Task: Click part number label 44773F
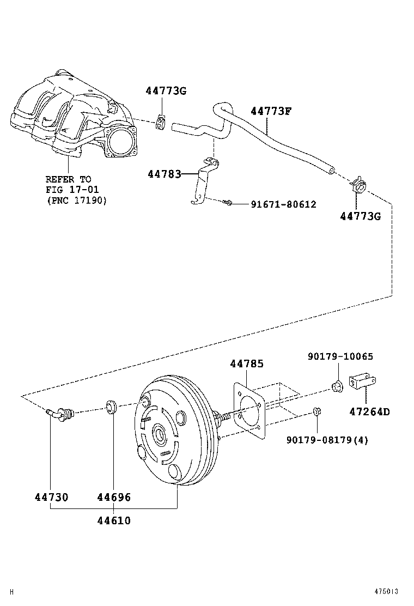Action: pyautogui.click(x=271, y=111)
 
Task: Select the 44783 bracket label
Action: pyautogui.click(x=164, y=174)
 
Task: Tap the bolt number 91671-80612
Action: pyautogui.click(x=283, y=204)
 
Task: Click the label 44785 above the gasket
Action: pyautogui.click(x=247, y=363)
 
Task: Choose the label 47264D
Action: pyautogui.click(x=369, y=411)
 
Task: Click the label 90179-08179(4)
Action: pyautogui.click(x=327, y=440)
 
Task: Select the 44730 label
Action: pyautogui.click(x=51, y=497)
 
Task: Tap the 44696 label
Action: pyautogui.click(x=114, y=497)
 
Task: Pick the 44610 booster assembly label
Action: pyautogui.click(x=114, y=520)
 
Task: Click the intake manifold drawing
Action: pyautogui.click(x=76, y=120)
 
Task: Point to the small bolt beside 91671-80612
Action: pyautogui.click(x=228, y=203)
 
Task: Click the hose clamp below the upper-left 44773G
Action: pyautogui.click(x=161, y=123)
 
